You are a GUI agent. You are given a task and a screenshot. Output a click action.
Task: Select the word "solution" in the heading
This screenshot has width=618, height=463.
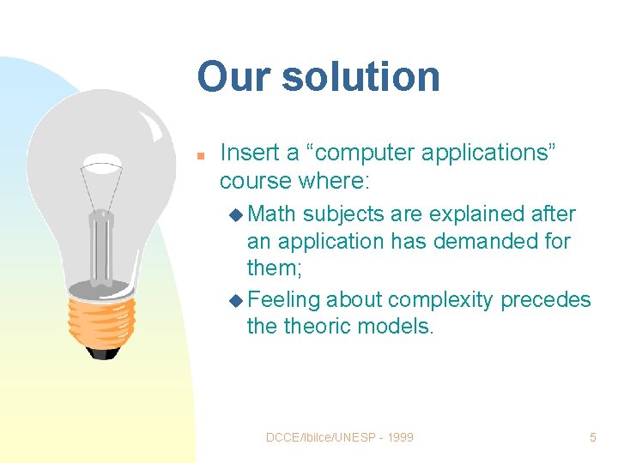[360, 76]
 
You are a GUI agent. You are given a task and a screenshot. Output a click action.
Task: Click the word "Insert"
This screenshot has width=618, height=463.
[249, 153]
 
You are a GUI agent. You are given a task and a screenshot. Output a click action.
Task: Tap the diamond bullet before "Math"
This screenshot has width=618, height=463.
[237, 214]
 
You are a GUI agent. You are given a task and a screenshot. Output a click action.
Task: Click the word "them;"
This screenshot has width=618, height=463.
[275, 268]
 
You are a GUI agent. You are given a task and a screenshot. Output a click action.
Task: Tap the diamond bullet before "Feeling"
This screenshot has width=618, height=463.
[237, 300]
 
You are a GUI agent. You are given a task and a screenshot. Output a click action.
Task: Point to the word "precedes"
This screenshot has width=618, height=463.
[546, 299]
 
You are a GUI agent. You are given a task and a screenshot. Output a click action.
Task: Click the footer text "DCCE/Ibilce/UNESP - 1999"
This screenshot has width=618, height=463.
[339, 437]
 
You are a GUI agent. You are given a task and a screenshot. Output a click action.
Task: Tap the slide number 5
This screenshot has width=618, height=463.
[592, 437]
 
